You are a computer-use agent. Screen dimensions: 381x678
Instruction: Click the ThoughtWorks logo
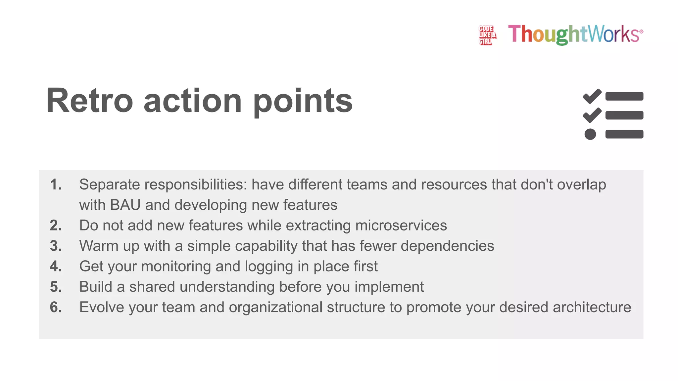coord(575,34)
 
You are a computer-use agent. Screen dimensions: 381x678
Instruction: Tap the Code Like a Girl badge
coord(487,35)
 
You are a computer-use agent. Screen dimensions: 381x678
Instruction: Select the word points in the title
coord(303,101)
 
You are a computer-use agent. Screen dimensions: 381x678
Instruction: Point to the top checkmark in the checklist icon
coord(592,96)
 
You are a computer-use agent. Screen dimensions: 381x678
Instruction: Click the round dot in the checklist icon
coord(590,134)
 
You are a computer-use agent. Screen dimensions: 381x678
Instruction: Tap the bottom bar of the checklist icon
coord(624,134)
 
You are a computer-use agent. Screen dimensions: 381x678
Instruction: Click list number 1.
coord(56,185)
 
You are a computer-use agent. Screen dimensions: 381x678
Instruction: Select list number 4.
coord(56,267)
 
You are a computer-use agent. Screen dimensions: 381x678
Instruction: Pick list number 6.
coord(56,307)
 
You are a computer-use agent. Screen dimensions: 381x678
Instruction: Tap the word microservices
coord(401,226)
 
